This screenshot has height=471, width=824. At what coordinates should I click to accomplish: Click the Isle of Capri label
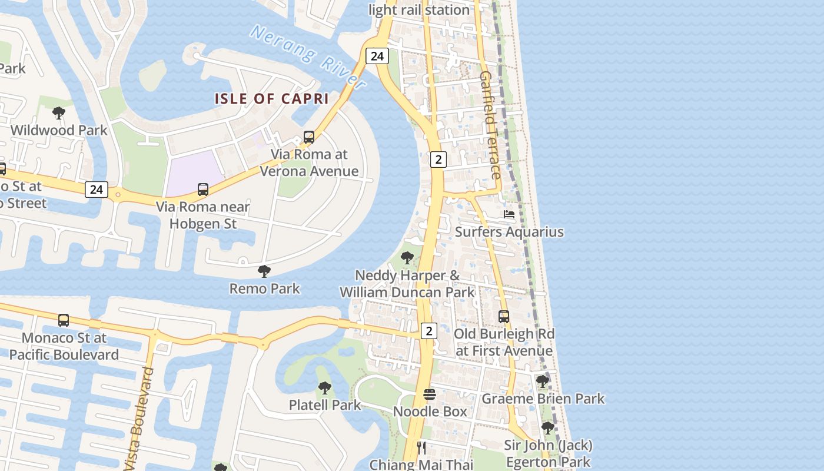(x=271, y=98)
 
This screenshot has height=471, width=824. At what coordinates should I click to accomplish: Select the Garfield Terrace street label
(x=490, y=125)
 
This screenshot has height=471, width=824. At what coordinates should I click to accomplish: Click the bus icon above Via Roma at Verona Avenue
(x=309, y=137)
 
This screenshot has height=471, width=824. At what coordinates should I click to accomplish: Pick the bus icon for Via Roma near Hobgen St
(x=203, y=190)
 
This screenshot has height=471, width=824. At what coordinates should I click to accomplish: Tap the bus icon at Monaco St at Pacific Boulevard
(x=64, y=320)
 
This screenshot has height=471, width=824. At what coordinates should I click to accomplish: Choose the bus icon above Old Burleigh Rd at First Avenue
(x=504, y=317)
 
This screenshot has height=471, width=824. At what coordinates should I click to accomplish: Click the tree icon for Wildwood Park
(x=59, y=112)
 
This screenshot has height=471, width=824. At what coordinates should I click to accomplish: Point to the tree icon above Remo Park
(x=264, y=271)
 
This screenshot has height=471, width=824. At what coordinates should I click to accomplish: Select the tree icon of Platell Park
(x=324, y=387)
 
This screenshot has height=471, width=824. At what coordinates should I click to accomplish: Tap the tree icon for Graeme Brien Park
(x=543, y=382)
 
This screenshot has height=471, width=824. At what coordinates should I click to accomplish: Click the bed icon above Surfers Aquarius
(x=509, y=214)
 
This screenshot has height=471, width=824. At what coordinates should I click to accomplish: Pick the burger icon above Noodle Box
(x=430, y=394)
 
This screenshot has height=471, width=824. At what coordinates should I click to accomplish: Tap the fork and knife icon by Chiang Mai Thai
(x=421, y=447)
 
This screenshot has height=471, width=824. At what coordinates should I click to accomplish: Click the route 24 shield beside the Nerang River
(x=377, y=56)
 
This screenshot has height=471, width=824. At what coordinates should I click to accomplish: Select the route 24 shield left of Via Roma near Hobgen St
(x=97, y=190)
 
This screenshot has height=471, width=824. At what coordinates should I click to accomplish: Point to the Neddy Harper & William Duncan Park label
(x=407, y=284)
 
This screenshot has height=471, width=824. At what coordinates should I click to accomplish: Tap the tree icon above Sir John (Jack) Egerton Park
(x=548, y=427)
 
